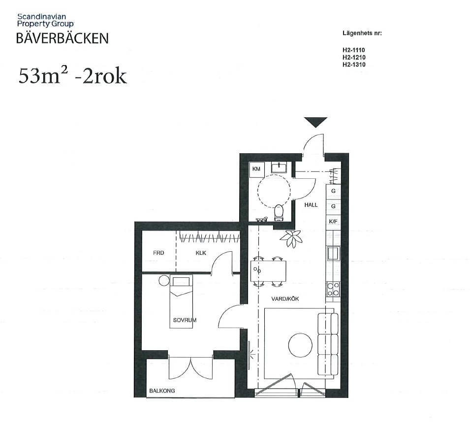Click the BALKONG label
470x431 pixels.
162,392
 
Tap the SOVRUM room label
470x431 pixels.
185,320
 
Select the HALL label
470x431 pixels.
311,205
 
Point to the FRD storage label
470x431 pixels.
158,253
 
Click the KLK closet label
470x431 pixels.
201,253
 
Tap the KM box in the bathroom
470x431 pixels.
256,169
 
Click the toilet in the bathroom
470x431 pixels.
279,212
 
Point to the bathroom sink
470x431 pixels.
279,167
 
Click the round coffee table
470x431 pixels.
301,346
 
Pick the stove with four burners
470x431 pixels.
333,288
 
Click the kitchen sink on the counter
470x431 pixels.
333,253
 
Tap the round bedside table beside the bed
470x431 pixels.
163,281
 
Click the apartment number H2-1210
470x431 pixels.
354,57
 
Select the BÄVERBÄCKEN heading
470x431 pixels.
62,38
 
